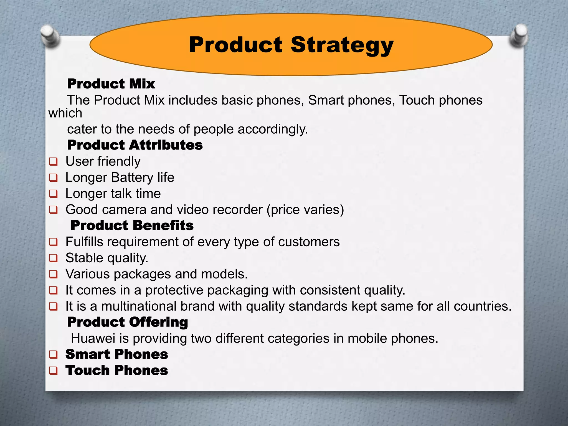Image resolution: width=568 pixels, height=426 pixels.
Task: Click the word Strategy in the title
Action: pyautogui.click(x=342, y=45)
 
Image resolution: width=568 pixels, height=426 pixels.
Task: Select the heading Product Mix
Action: pyautogui.click(x=111, y=84)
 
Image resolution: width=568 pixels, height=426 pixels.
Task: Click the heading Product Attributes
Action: pyautogui.click(x=135, y=145)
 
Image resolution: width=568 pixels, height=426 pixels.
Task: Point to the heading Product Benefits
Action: pyautogui.click(x=132, y=225)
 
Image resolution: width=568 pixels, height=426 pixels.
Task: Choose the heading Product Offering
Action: pyautogui.click(x=128, y=322)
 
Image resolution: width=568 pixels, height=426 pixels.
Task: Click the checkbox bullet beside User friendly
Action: pyautogui.click(x=53, y=161)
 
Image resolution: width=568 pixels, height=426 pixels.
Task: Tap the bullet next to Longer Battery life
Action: pyautogui.click(x=53, y=177)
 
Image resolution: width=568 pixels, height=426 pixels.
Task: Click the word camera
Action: pyautogui.click(x=124, y=210)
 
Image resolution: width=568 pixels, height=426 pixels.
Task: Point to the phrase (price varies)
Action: pyautogui.click(x=305, y=210)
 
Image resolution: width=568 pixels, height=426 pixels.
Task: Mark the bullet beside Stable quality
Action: pyautogui.click(x=53, y=258)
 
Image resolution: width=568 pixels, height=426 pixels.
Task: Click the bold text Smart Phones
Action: pyautogui.click(x=116, y=354)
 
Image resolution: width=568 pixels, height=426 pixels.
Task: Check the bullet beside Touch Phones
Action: pyautogui.click(x=53, y=371)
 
